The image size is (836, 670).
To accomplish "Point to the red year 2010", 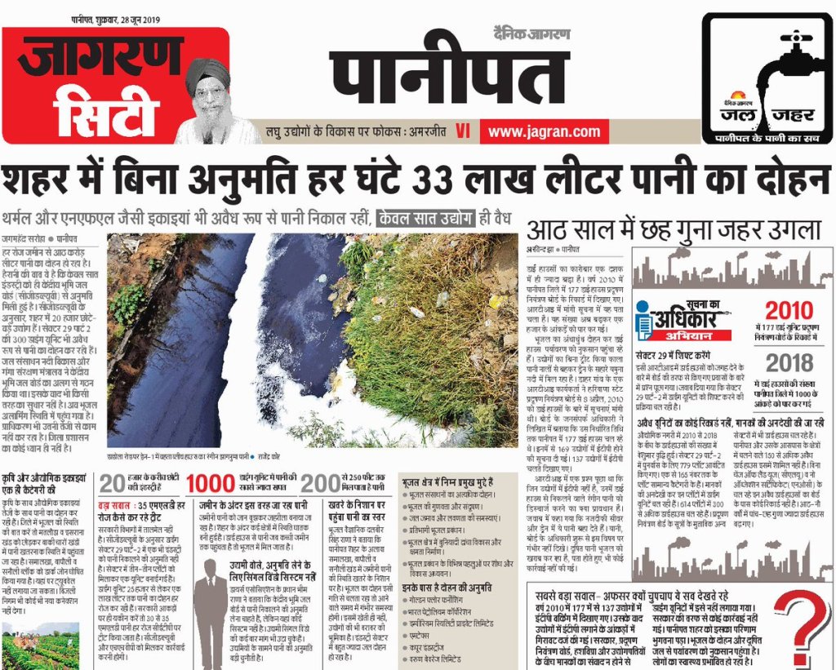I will (x=789, y=310).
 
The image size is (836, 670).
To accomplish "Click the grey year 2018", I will (x=789, y=362).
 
